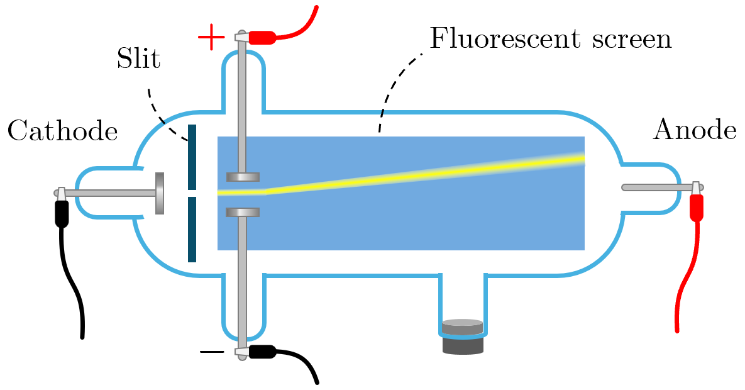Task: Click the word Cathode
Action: [62, 131]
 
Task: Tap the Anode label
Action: [695, 130]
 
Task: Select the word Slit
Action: [138, 59]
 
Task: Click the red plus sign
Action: [211, 38]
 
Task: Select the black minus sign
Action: [212, 352]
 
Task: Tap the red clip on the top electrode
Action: [263, 37]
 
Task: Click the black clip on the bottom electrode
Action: [262, 352]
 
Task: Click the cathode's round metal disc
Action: [160, 193]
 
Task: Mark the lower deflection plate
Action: [243, 213]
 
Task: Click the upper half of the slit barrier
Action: [192, 157]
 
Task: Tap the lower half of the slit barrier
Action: [192, 230]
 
